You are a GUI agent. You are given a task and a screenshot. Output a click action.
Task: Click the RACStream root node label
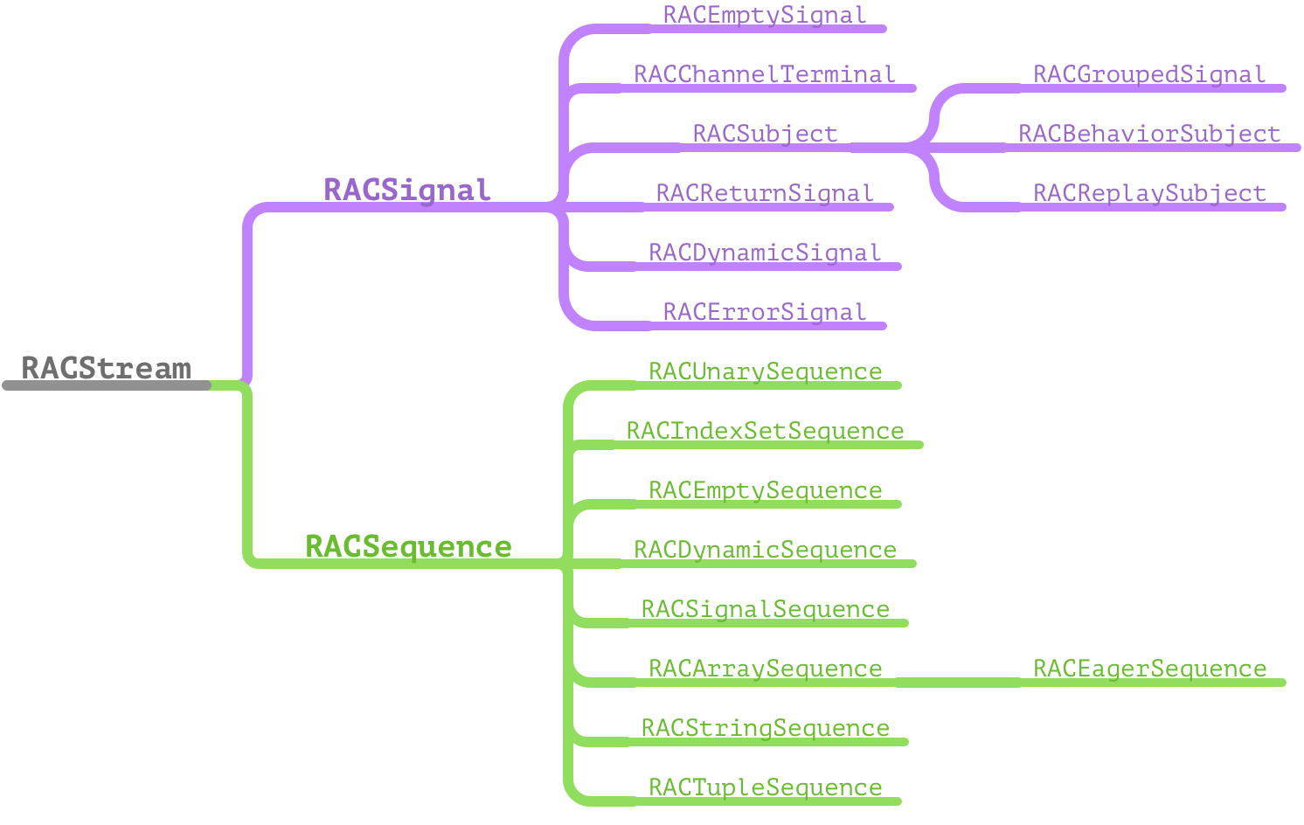[106, 369]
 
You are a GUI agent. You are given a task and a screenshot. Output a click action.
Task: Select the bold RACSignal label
[407, 191]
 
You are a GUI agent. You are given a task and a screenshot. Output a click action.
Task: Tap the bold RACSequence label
[408, 547]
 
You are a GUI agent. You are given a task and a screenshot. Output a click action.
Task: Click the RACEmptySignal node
[765, 16]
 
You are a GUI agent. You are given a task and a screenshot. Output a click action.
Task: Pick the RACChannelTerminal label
[765, 75]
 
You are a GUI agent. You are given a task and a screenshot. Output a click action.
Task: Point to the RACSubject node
[765, 135]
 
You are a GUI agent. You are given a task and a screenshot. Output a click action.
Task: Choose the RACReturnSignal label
[765, 194]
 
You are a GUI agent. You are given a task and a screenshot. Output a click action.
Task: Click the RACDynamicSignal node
[765, 253]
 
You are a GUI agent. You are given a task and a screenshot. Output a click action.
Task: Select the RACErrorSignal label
[765, 313]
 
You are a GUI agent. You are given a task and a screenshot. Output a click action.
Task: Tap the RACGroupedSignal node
[1149, 75]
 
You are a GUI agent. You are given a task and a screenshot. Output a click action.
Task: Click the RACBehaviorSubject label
[1149, 135]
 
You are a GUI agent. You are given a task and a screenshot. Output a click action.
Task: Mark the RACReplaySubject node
[1149, 194]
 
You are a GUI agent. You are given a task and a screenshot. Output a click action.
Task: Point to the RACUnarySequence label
[765, 372]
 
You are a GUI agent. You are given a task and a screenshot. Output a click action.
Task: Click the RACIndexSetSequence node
[765, 432]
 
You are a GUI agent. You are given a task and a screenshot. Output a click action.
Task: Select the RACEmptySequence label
[765, 491]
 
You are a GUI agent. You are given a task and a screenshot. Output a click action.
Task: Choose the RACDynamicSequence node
[765, 551]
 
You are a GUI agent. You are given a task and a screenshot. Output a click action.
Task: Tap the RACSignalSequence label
[765, 610]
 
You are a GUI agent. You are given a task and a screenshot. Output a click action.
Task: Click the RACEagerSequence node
[1149, 669]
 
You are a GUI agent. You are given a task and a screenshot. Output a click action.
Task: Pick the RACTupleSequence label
[765, 788]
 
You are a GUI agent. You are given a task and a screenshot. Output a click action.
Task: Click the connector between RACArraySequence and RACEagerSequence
[958, 683]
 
